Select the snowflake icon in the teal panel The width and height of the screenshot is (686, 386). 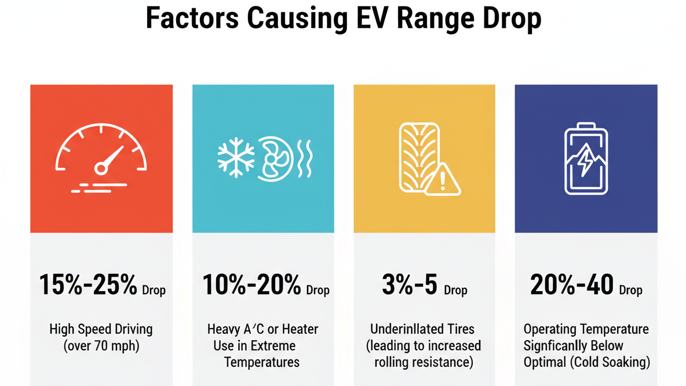[235, 157]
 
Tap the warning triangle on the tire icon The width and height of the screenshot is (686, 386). [443, 180]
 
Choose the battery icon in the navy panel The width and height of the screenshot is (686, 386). [586, 159]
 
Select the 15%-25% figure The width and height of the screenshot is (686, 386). [88, 285]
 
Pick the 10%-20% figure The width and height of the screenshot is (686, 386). [252, 285]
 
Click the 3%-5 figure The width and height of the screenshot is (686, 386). [409, 285]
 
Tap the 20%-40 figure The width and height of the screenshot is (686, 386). [572, 285]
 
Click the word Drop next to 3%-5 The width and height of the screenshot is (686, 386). [455, 291]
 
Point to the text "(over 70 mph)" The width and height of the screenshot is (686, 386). [101, 346]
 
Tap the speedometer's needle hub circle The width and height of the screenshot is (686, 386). [101, 168]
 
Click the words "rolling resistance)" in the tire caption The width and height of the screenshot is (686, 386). [424, 363]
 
